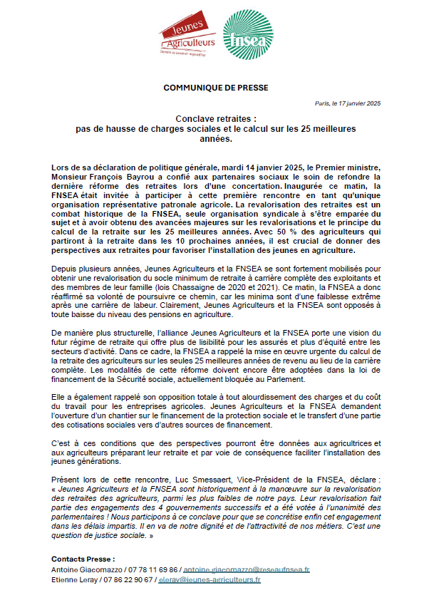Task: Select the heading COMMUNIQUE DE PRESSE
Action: pyautogui.click(x=215, y=88)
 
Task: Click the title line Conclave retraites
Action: pyautogui.click(x=215, y=119)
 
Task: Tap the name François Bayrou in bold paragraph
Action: pyautogui.click(x=116, y=175)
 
